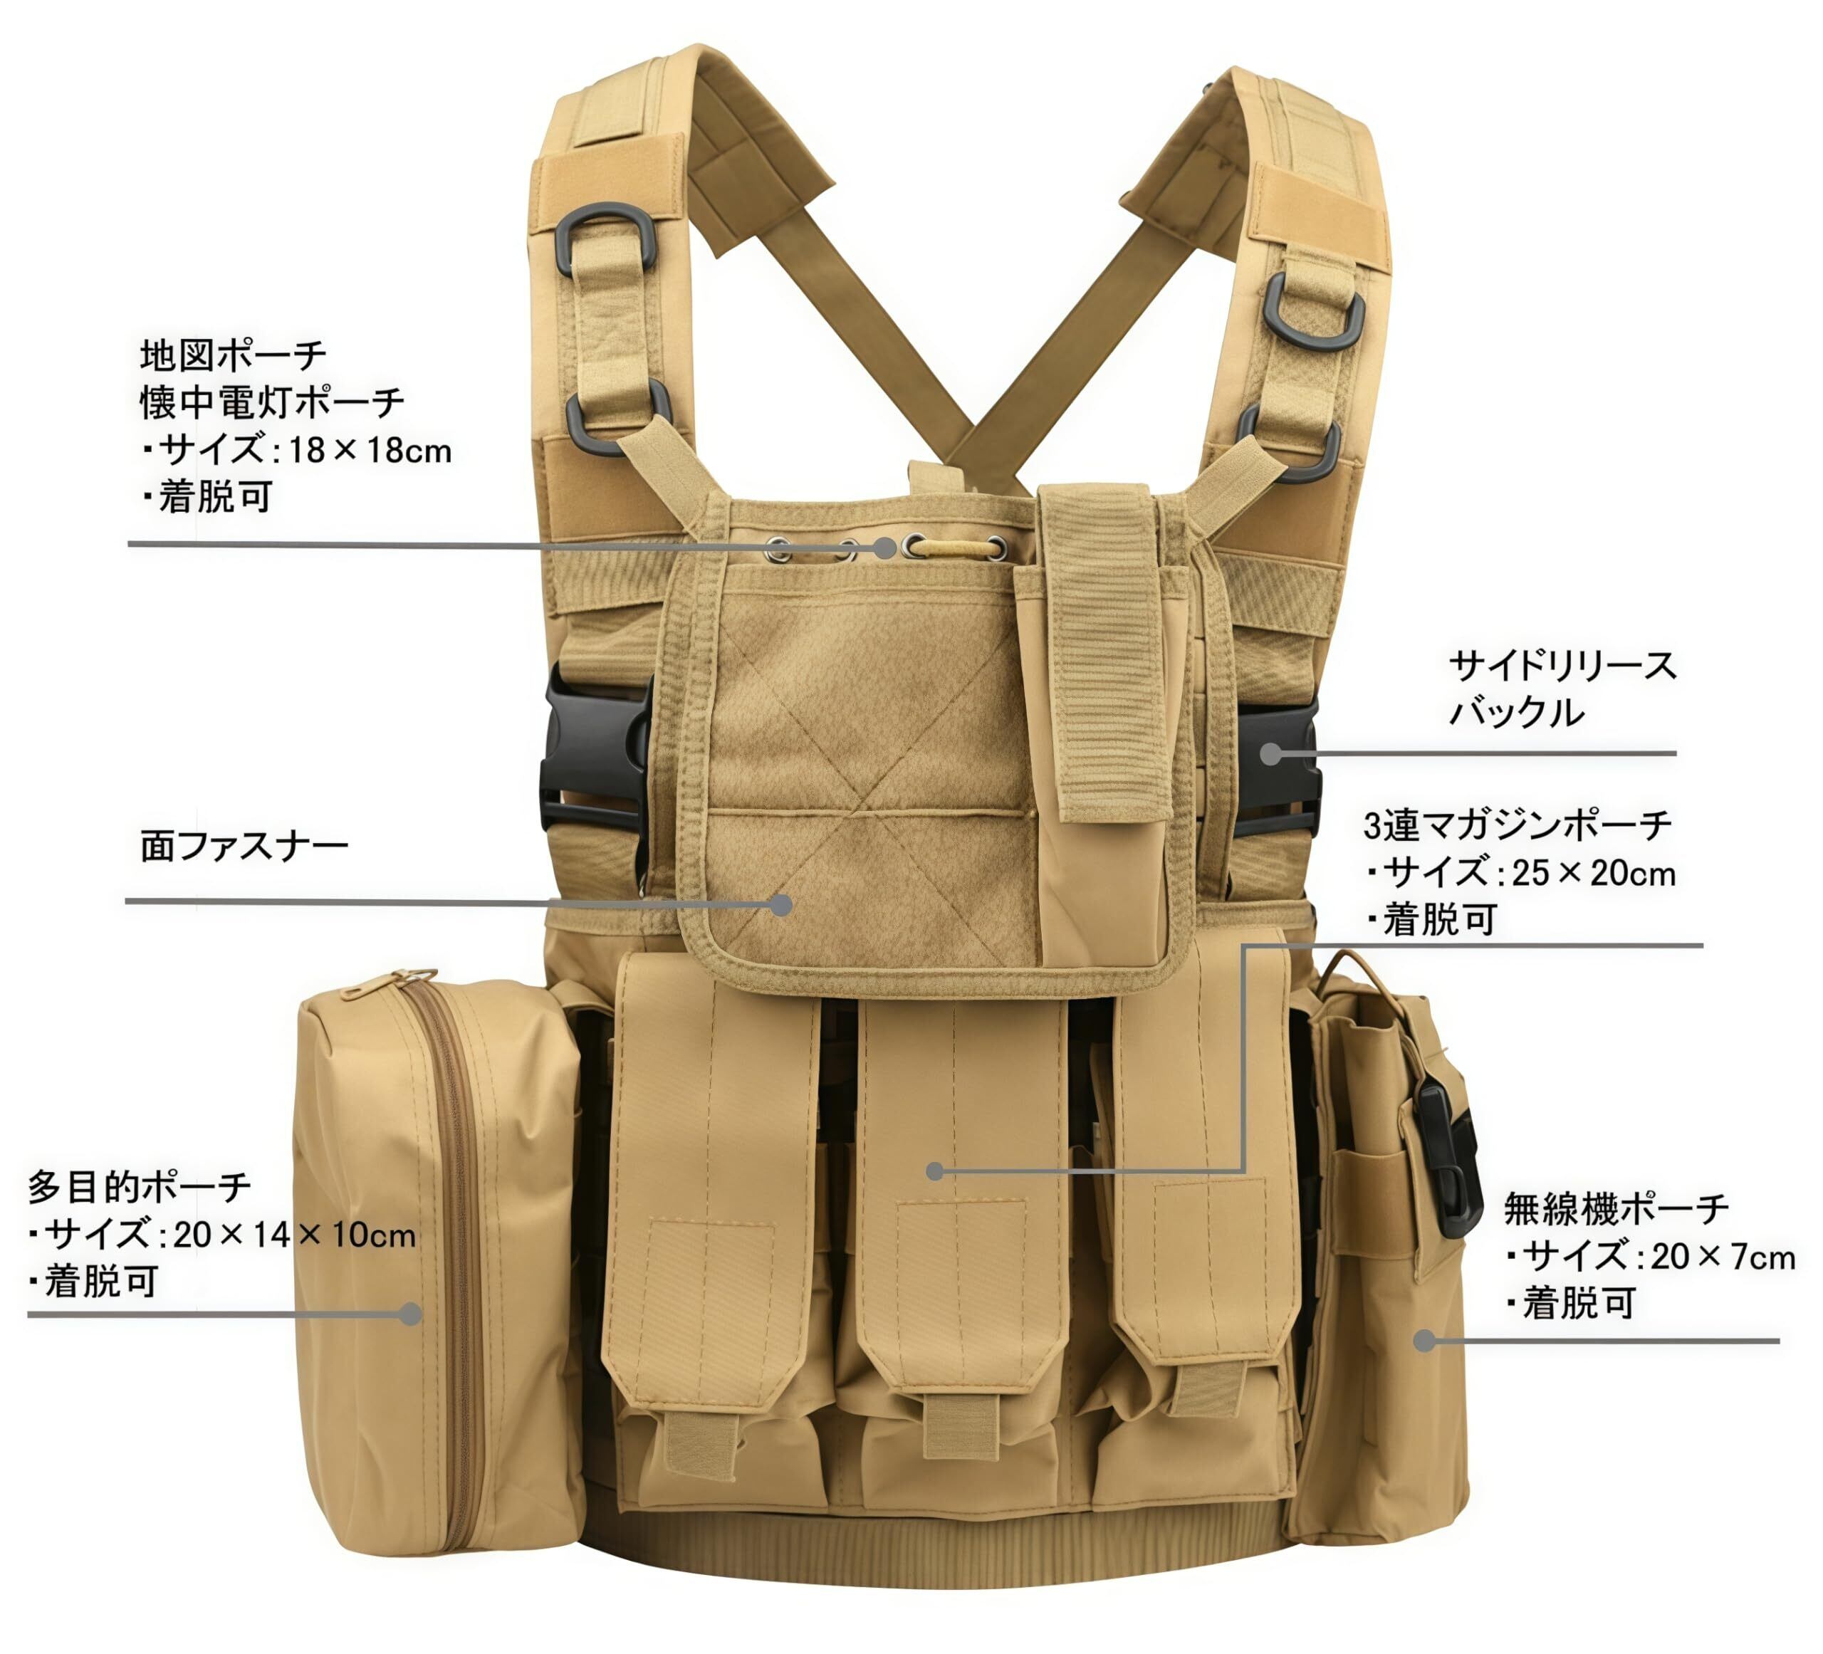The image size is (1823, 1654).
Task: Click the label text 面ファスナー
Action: [x=244, y=847]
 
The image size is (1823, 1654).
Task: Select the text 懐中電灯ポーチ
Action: [x=272, y=402]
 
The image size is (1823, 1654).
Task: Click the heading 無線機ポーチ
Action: [x=1616, y=1208]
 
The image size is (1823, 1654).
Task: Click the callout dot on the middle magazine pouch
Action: [x=935, y=1171]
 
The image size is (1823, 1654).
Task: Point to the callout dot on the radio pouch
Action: [x=1424, y=1340]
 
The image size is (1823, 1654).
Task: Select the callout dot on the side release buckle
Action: [x=1270, y=753]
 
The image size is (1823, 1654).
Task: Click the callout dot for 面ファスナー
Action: [x=781, y=904]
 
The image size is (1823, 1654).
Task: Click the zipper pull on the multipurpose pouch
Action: [x=412, y=978]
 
